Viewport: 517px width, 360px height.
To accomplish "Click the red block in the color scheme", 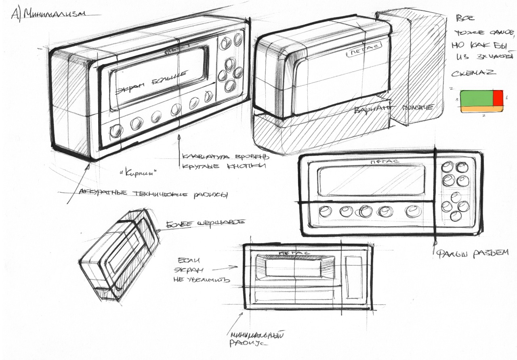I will (x=498, y=98).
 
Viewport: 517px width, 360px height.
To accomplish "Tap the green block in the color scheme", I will (x=476, y=98).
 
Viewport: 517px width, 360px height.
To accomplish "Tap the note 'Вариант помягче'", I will (x=394, y=108).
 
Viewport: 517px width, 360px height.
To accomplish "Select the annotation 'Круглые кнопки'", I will (x=224, y=166).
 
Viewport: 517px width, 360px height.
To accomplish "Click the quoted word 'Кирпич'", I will (x=138, y=173).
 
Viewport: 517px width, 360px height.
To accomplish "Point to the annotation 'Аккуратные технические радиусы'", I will (x=153, y=194).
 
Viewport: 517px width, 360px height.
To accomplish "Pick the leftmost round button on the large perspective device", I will (x=116, y=131).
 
